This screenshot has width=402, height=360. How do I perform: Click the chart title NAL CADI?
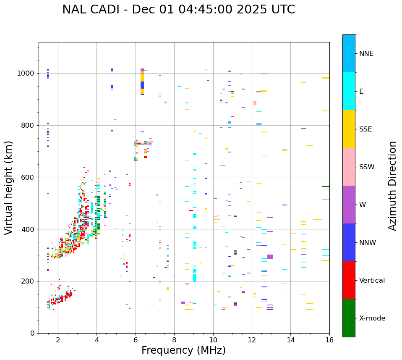178,10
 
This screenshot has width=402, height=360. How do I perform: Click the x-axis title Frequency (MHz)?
183,350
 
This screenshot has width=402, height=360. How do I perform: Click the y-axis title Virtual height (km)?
9,188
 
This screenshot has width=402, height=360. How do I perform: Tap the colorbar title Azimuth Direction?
392,186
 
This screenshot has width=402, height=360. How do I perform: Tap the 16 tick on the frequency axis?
329,339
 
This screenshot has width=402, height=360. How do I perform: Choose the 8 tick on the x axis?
174,339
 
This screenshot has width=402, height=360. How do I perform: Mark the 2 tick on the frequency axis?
58,339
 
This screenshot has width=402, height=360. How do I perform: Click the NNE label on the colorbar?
366,54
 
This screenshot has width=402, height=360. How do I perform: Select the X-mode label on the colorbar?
372,318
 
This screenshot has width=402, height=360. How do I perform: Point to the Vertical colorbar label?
372,281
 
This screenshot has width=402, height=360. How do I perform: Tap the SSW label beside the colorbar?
367,167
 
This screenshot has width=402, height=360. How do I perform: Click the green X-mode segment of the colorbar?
349,318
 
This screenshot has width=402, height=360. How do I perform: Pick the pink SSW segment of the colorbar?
349,167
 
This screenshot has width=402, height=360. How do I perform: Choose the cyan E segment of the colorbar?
349,91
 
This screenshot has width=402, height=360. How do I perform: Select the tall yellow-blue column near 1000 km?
142,81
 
